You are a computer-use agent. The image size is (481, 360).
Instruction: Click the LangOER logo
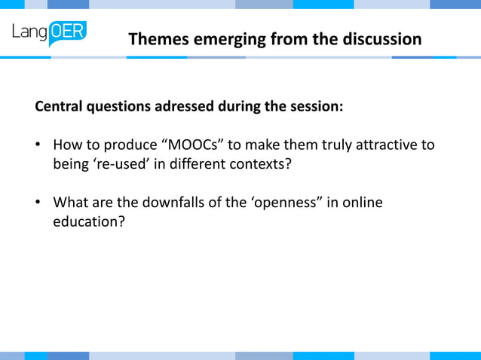50,33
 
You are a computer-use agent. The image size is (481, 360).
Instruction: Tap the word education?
87,222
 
